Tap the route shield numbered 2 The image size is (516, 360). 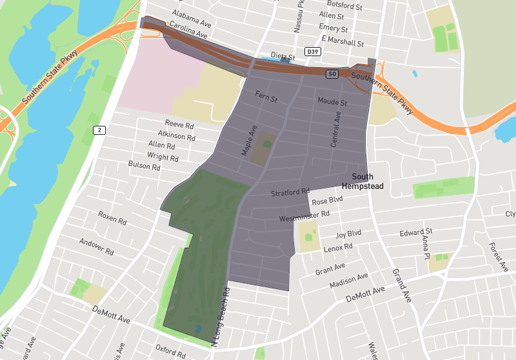click(99, 130)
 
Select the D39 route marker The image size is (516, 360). click(313, 52)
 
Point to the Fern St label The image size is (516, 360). click(266, 98)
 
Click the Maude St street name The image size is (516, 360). click(332, 102)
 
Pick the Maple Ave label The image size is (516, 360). click(249, 140)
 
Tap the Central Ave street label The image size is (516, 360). click(335, 128)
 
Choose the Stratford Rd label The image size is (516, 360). click(290, 193)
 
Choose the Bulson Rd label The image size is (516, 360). click(144, 166)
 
